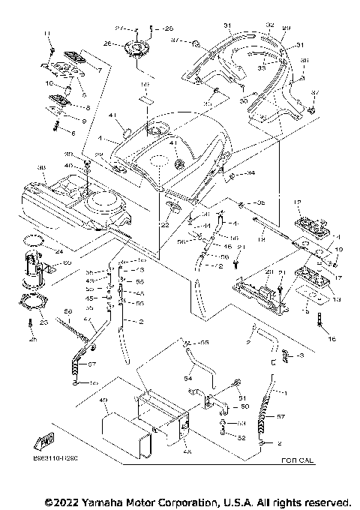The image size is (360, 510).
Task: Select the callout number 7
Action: (x=99, y=69)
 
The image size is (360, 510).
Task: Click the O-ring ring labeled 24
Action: (x=31, y=240)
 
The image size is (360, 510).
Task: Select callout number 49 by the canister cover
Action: (x=104, y=400)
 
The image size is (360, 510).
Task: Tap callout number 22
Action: (x=166, y=225)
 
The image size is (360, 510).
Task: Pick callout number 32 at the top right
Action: (x=270, y=25)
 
